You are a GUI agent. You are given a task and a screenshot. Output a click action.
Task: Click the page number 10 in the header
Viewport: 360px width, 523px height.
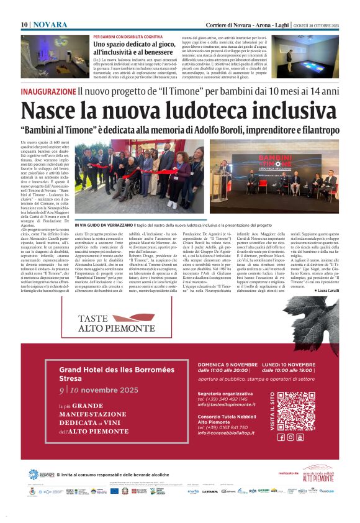click(25, 25)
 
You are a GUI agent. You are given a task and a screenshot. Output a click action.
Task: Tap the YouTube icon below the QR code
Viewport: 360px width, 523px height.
click(300, 437)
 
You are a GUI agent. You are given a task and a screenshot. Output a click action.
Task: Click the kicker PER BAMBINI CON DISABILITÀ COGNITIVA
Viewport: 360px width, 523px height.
click(128, 37)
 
